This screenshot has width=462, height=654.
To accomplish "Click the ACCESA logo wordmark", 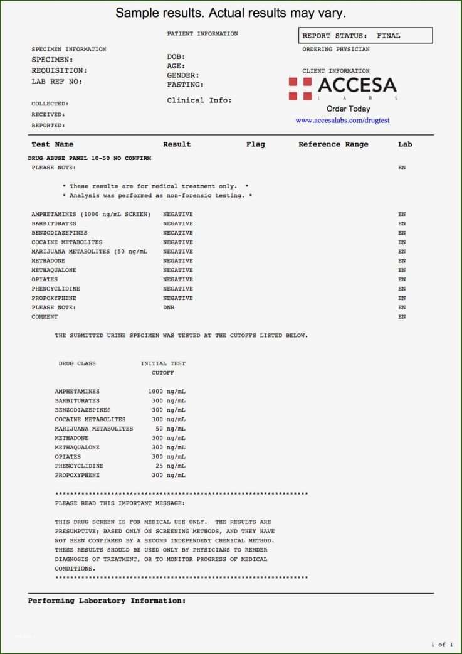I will tap(357, 85).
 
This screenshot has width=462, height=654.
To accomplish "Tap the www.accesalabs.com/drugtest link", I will tap(342, 120).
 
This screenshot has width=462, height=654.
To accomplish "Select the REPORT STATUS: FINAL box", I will tap(366, 36).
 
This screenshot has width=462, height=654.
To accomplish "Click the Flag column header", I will tap(255, 144).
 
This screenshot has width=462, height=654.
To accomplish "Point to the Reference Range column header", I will tap(333, 144).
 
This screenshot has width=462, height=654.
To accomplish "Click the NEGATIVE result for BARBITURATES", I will tap(178, 223).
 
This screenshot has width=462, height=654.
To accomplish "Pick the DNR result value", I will tap(169, 308).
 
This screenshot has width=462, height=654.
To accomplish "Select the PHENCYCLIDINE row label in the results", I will tap(56, 289).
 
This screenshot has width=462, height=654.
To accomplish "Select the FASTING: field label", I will tap(185, 85).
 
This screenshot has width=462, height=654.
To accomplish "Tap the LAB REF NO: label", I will tap(57, 82).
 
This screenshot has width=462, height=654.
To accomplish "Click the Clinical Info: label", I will tap(199, 100).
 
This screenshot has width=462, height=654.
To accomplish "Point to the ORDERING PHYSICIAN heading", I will tap(336, 50).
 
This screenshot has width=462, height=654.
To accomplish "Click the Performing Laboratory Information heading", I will tap(107, 601).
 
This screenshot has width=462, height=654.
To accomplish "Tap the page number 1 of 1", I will tap(441, 645).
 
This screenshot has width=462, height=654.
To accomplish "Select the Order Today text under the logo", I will tap(348, 109).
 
